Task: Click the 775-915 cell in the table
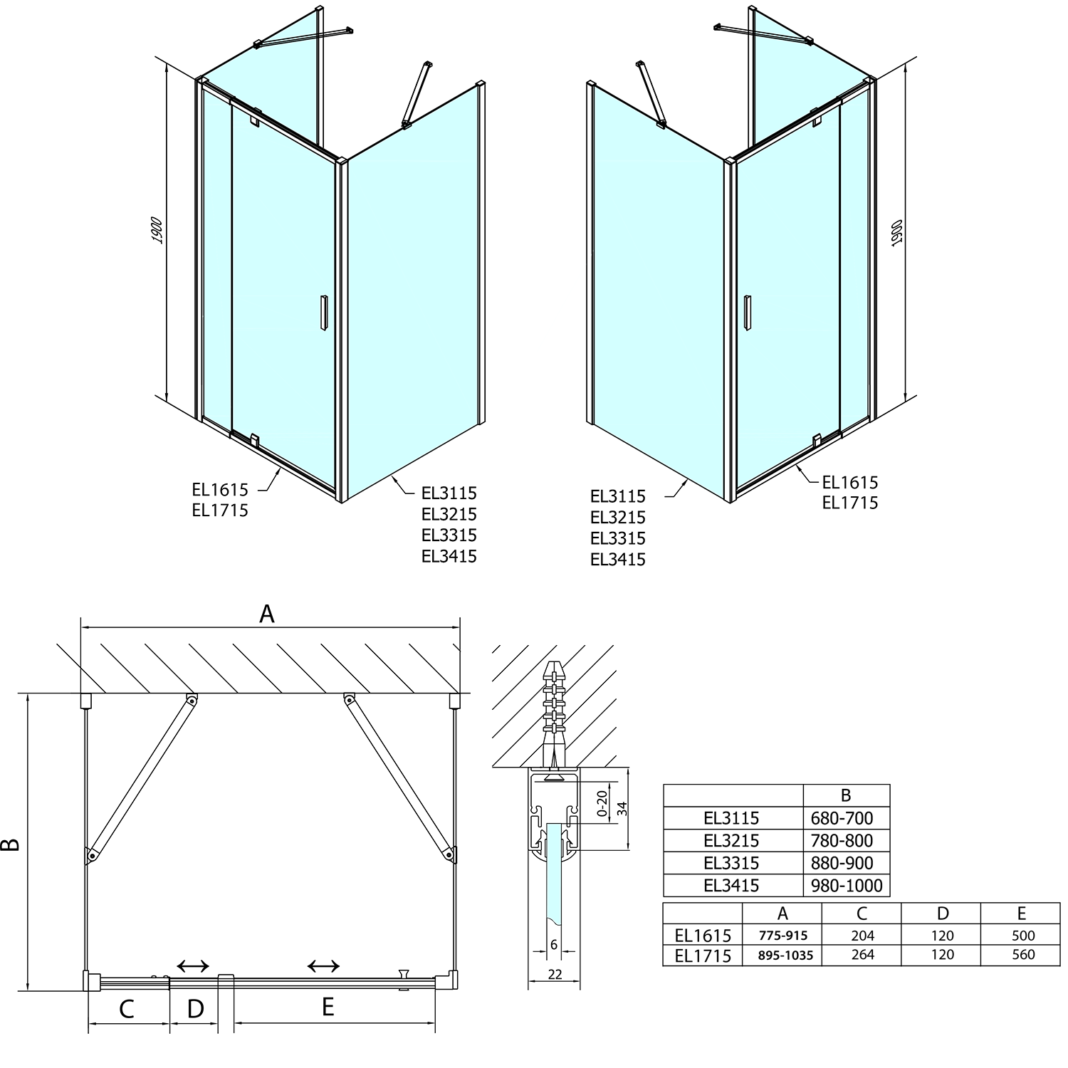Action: coord(782,936)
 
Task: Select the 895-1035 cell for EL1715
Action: coord(782,956)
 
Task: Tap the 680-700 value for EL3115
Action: coord(842,818)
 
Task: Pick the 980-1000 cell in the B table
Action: coord(847,886)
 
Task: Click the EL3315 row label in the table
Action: coord(731,863)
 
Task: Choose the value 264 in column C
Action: coord(862,955)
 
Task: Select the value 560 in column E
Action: coord(1022,955)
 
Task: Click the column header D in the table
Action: coord(942,913)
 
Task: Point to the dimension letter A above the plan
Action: coord(267,613)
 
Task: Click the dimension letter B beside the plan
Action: coord(11,844)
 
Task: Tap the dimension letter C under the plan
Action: coord(127,1009)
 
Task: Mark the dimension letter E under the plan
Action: coord(328,1007)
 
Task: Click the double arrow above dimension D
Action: coord(193,966)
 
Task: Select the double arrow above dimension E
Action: coord(323,966)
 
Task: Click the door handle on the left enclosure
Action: coord(323,312)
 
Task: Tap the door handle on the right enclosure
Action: coord(746,313)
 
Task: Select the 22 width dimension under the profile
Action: coord(555,974)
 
